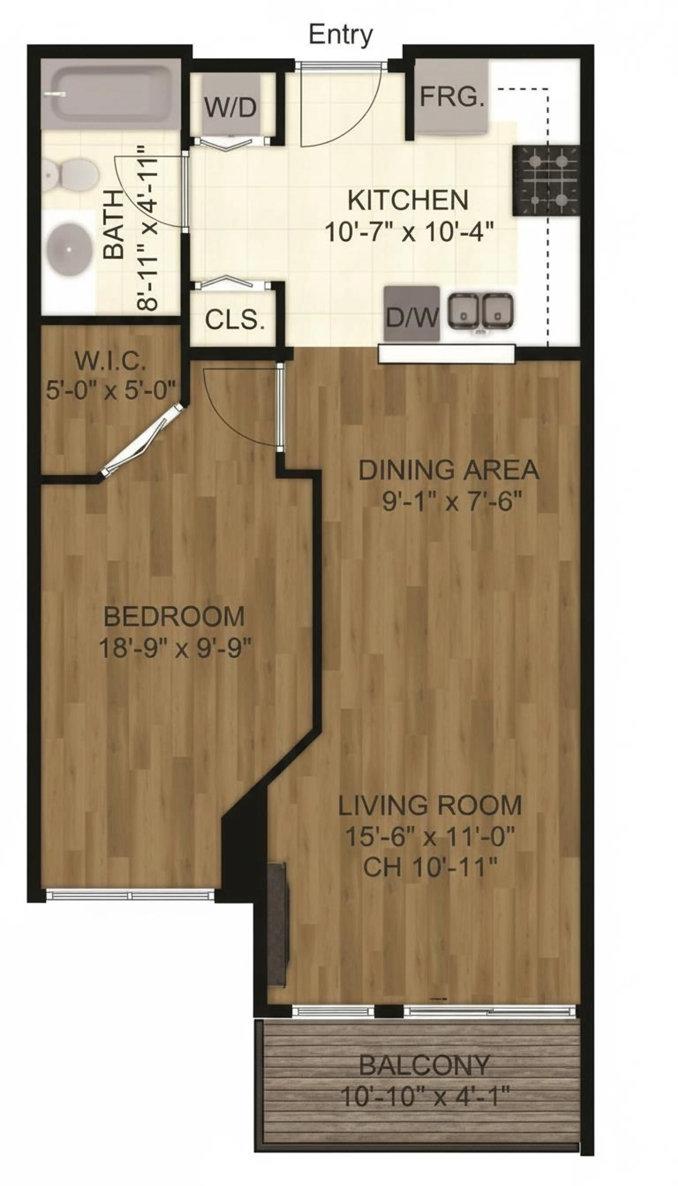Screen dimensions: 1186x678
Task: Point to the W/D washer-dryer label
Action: (231, 108)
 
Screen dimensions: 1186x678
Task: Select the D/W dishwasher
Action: (412, 314)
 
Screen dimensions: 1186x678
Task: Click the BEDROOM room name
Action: (174, 617)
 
